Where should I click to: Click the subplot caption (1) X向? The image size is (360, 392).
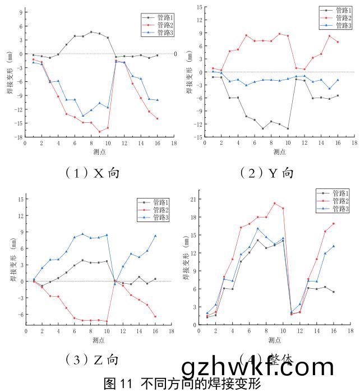(93, 172)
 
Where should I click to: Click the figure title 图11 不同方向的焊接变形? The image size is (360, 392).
(182, 384)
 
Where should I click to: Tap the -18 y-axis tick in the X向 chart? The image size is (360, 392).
(19, 137)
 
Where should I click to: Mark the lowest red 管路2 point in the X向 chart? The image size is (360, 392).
(99, 132)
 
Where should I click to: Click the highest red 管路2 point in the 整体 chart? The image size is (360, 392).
(274, 203)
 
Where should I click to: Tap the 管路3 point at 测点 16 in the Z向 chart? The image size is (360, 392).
(155, 236)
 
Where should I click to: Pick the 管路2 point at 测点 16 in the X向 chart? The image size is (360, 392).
(157, 119)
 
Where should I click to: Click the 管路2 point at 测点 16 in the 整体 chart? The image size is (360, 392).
(333, 224)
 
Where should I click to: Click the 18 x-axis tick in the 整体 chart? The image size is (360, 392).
(351, 331)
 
